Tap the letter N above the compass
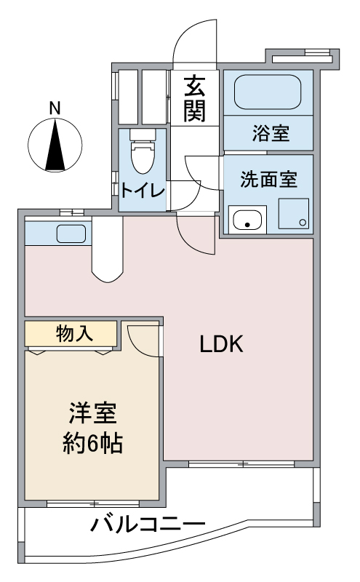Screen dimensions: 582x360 55,108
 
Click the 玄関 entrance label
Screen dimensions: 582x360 194,99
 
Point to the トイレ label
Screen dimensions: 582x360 143,191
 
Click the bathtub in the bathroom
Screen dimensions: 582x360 268,93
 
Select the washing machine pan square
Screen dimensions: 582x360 293,214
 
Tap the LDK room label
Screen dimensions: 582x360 221,345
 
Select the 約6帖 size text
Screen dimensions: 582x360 92,442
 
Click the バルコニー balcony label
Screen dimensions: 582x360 148,524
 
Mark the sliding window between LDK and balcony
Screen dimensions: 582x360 241,463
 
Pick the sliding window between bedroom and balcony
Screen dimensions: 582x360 93,503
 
